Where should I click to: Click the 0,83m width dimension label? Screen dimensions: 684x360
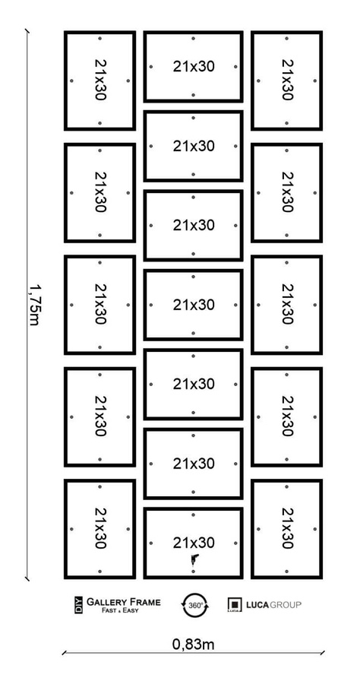point(193,644)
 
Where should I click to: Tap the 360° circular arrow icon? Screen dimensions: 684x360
point(193,605)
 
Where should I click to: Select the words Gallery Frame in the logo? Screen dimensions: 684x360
point(123,602)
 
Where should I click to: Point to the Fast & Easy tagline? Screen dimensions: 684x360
point(123,610)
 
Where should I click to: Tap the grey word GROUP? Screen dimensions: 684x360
point(286,605)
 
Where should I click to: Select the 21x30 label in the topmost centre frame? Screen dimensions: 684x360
point(194,66)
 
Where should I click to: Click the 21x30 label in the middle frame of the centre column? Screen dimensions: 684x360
point(194,305)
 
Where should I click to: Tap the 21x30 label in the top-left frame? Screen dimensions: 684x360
point(100,80)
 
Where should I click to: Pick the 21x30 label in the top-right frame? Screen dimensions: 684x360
point(287,80)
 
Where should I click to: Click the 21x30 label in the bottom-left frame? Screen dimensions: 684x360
point(100,528)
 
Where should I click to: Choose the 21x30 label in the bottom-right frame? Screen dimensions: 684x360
point(287,528)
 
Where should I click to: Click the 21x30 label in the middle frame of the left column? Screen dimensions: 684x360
point(100,305)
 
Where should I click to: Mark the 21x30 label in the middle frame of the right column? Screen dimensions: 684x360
point(287,305)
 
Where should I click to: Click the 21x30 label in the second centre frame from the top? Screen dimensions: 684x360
point(194,146)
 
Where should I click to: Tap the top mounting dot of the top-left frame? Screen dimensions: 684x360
point(99,38)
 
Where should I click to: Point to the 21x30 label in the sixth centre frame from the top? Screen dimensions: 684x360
point(194,464)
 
